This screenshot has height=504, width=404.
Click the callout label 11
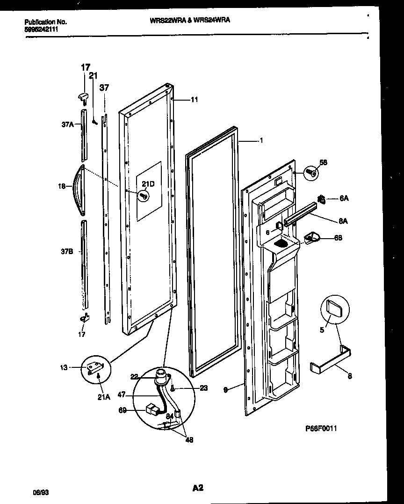pyautogui.click(x=194, y=99)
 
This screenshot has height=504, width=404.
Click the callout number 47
pyautogui.click(x=121, y=395)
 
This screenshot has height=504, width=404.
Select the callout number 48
pyautogui.click(x=190, y=439)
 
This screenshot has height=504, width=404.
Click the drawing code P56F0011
pyautogui.click(x=321, y=428)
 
